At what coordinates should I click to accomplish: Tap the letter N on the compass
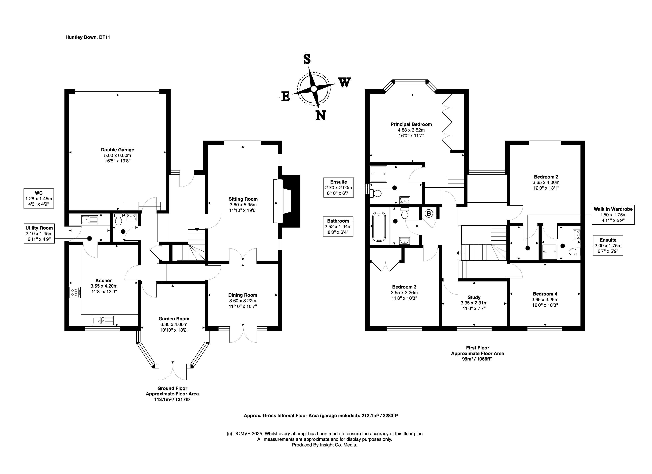321,115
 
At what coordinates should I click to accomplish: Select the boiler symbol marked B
429,214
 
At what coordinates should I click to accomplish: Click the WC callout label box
39,198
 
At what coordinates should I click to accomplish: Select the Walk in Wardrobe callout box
613,215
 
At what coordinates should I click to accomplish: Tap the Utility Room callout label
39,233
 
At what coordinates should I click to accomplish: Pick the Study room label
474,297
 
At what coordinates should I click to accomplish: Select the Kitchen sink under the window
103,320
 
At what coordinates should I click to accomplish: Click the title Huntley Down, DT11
88,37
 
